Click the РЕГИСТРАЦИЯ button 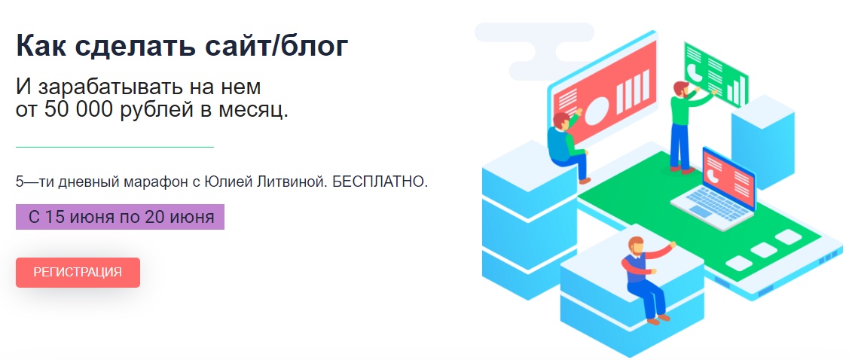point(78,273)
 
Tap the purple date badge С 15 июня point(121,217)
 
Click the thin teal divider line point(115,147)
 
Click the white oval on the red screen point(593,111)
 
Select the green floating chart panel point(716,74)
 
